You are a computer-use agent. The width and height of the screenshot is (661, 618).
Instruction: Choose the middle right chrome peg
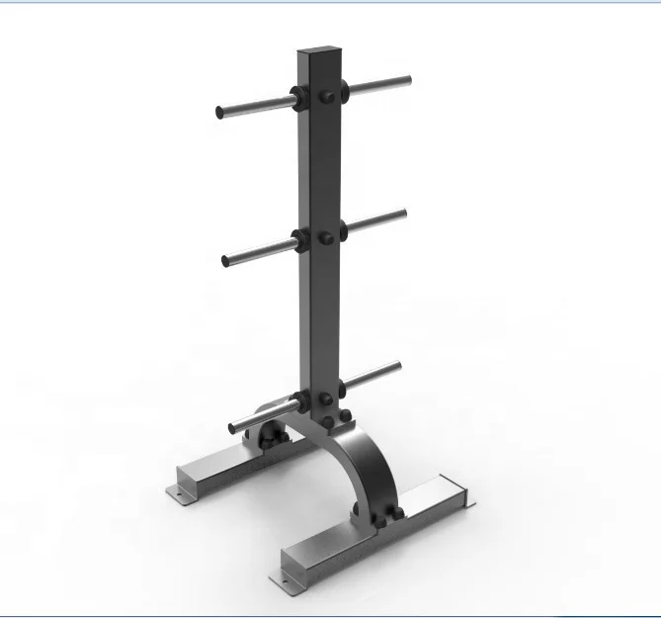pyautogui.click(x=377, y=219)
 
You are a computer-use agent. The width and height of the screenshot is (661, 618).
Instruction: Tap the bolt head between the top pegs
pyautogui.click(x=326, y=97)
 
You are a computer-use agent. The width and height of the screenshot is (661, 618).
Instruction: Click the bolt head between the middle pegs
pyautogui.click(x=327, y=237)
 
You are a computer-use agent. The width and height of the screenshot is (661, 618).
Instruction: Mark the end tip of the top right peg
pyautogui.click(x=407, y=79)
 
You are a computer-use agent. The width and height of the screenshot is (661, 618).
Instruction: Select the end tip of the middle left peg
pyautogui.click(x=225, y=261)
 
